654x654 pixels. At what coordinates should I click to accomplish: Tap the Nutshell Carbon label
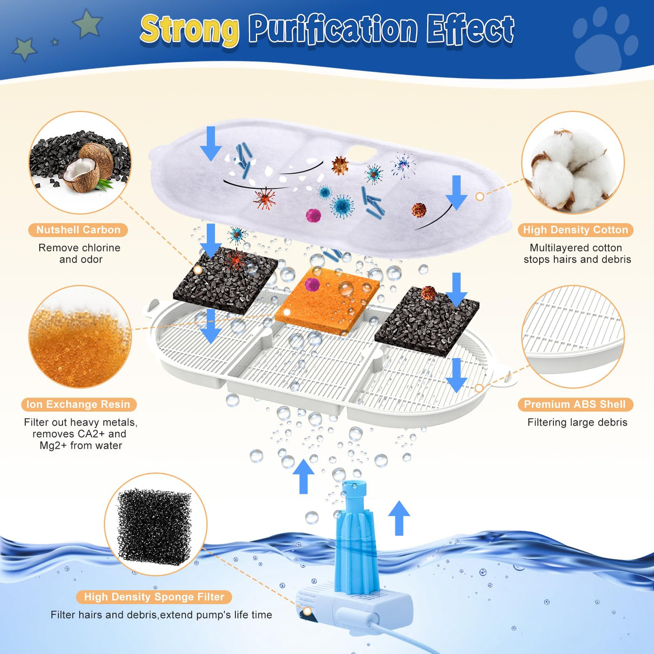coord(78,230)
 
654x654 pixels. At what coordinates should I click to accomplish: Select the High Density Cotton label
coord(575,230)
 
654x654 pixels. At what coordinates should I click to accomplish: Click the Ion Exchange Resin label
coord(78,404)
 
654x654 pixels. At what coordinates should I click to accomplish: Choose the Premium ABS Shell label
coord(575,404)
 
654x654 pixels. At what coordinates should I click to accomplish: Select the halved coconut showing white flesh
coord(81,174)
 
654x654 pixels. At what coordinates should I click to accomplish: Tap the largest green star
coord(87,23)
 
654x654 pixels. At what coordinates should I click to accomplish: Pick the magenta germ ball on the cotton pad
coord(313,215)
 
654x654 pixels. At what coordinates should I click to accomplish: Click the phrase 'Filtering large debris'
coord(577,422)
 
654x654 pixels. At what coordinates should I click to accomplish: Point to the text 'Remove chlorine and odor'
coord(79,254)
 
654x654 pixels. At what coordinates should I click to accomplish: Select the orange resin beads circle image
coord(80,337)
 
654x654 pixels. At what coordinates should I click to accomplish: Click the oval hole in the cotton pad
coord(362,150)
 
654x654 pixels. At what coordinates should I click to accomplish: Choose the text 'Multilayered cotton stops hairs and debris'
coord(577,254)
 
